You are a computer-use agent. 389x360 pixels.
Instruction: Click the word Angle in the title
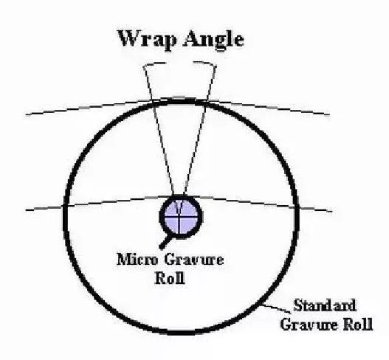pos(213,41)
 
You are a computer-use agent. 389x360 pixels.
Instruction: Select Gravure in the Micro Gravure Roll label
pos(193,260)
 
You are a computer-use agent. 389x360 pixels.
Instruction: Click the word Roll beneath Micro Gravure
pos(171,278)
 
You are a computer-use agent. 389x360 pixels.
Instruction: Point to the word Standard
pos(325,305)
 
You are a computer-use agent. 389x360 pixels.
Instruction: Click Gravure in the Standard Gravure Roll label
pos(309,324)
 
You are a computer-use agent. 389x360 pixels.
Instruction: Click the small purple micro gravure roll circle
pos(181,216)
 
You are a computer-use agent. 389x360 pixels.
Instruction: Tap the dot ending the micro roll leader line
pos(162,246)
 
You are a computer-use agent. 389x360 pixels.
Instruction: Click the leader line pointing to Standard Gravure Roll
pos(277,308)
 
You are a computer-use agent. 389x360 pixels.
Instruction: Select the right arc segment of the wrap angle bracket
pos(205,63)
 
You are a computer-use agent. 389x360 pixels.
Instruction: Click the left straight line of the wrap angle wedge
pos(159,130)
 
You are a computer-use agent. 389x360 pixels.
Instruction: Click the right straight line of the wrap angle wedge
pos(200,130)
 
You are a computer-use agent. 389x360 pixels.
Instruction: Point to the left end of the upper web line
pos(26,114)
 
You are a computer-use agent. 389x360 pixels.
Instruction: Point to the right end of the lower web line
pos(331,212)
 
